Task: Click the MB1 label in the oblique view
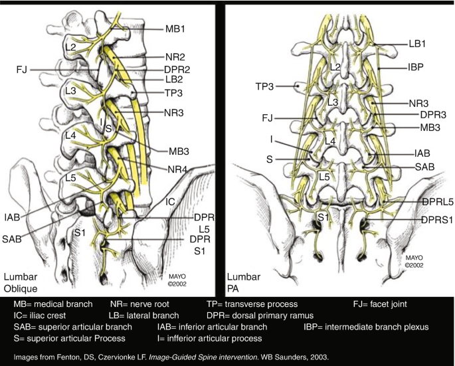(x=175, y=29)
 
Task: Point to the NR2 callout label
(x=175, y=58)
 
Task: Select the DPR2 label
(x=177, y=69)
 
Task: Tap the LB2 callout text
(x=174, y=80)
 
